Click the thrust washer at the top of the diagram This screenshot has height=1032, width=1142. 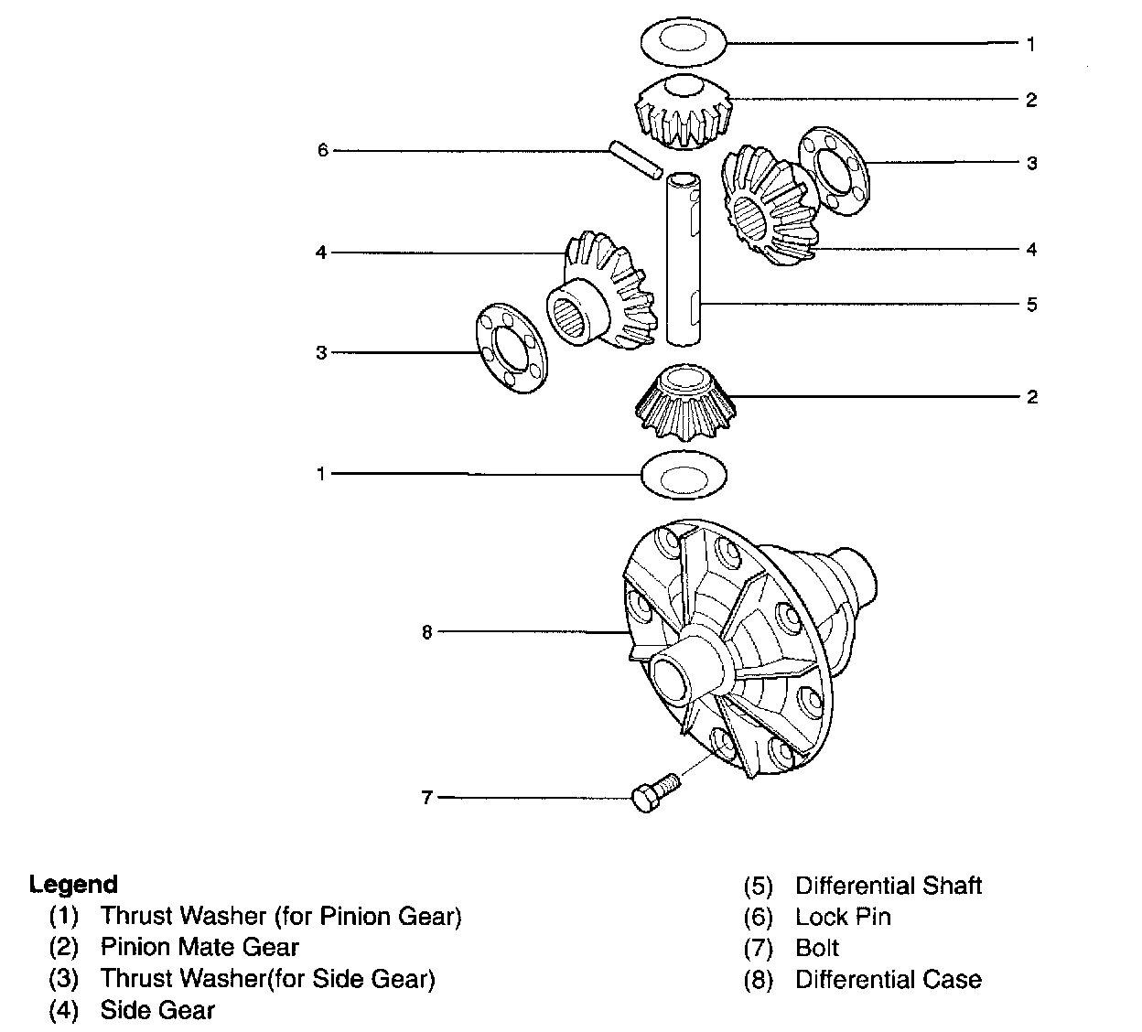[682, 42]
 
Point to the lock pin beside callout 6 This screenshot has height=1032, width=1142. [635, 157]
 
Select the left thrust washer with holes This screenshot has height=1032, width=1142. [509, 347]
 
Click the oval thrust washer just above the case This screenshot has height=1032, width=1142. [684, 475]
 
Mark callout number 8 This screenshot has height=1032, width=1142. [426, 632]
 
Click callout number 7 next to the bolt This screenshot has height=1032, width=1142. [426, 798]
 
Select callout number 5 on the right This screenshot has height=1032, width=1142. [1031, 305]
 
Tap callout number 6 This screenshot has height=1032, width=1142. [322, 150]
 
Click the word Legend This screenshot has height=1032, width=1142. [73, 884]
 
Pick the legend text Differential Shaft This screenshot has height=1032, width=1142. [888, 886]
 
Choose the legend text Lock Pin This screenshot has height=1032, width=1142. [842, 917]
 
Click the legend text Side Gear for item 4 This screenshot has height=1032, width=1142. [157, 1010]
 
